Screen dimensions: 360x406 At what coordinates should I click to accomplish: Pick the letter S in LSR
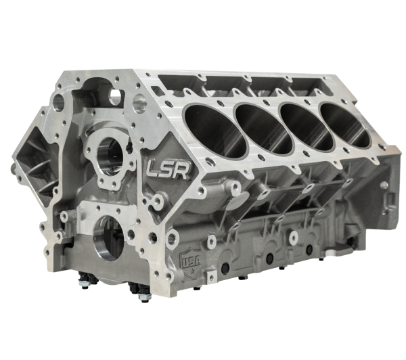click(168, 167)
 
